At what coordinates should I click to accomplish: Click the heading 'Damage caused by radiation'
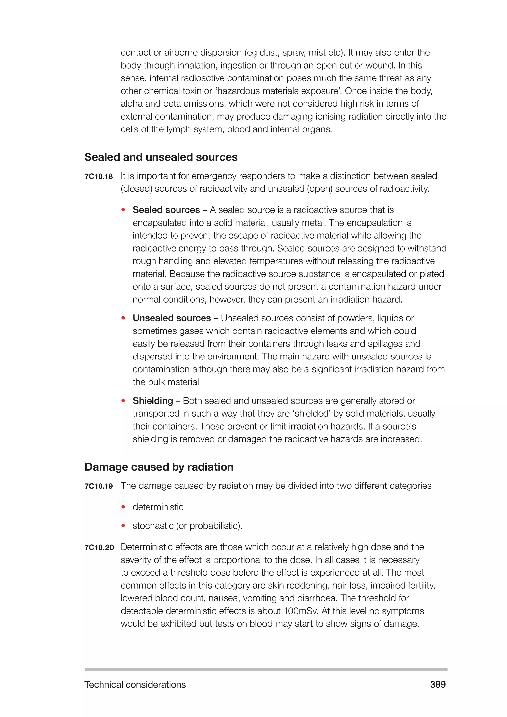tap(159, 467)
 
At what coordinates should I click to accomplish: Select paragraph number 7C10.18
tap(99, 177)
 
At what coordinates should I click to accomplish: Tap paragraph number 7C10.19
tap(99, 486)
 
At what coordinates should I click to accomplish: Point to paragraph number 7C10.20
tap(99, 547)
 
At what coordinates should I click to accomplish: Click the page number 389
tap(438, 684)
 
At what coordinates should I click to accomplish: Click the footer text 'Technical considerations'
tap(135, 684)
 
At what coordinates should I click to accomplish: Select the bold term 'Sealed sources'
tap(166, 210)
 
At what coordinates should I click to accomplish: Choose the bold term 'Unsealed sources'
tap(172, 318)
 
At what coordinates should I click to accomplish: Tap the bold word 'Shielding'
tap(153, 401)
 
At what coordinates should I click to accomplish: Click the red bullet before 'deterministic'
tap(123, 507)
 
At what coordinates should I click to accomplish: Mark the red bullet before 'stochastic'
tap(123, 526)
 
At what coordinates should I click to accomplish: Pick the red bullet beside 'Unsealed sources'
tap(123, 318)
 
